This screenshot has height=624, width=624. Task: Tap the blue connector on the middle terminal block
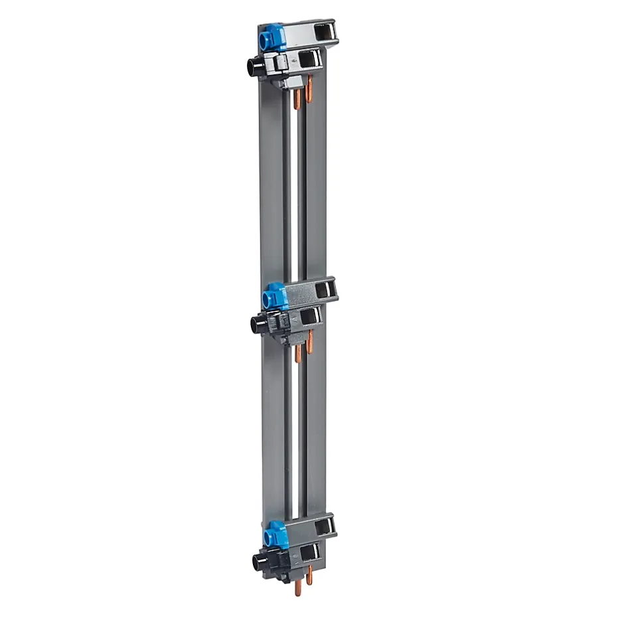pyautogui.click(x=274, y=297)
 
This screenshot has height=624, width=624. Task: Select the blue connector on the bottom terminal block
pyautogui.click(x=275, y=534)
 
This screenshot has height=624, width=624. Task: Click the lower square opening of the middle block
pyautogui.click(x=309, y=318)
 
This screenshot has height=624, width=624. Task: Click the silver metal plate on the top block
pyautogui.click(x=299, y=33)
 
